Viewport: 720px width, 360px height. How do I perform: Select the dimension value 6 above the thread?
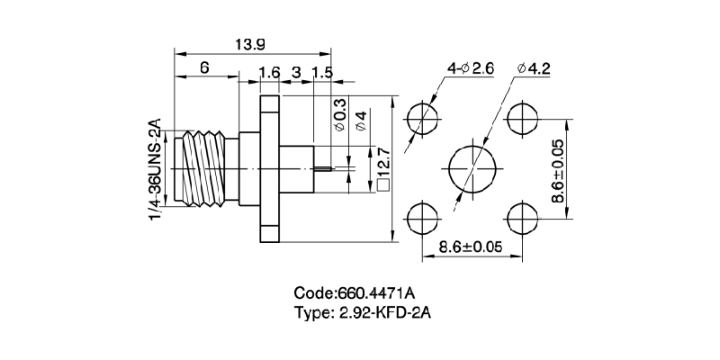pos(204,68)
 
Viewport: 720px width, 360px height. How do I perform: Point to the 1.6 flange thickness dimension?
pos(269,72)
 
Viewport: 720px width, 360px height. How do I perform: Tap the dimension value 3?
pos(297,72)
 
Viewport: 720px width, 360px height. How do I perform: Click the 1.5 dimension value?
pos(322,72)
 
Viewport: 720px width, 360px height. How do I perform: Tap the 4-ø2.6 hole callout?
pos(470,68)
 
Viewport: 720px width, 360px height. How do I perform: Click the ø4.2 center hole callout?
pos(534,68)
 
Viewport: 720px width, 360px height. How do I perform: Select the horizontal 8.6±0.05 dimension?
pos(469,245)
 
